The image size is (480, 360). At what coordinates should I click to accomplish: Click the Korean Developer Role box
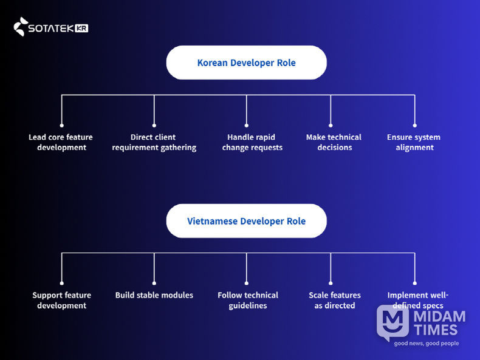(x=246, y=63)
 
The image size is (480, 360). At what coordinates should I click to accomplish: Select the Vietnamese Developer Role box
(x=246, y=221)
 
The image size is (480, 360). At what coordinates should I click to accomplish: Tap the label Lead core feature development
(x=61, y=142)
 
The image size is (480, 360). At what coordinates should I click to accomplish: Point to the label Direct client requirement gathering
(x=154, y=142)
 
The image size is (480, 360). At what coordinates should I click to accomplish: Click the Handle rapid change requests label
(x=252, y=142)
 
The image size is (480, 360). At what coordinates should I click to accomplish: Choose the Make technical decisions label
(x=334, y=142)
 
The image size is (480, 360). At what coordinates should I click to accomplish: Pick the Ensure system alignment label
(x=414, y=142)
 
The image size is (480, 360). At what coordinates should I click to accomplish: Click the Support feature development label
(x=61, y=300)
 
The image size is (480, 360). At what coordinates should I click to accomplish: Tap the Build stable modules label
(x=154, y=295)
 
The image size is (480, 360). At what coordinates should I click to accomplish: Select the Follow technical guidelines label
(x=247, y=300)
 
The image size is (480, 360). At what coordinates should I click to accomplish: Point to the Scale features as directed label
(x=334, y=300)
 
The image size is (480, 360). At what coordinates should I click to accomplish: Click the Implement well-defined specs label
(x=417, y=300)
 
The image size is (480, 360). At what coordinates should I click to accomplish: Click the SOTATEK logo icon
(x=21, y=27)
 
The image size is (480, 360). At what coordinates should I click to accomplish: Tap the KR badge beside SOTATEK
(x=82, y=28)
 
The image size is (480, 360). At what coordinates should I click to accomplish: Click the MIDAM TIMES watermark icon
(x=392, y=322)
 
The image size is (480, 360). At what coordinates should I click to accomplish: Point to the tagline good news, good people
(x=426, y=344)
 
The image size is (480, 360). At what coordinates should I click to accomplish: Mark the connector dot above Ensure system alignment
(x=414, y=125)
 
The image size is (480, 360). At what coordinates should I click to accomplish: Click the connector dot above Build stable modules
(x=154, y=283)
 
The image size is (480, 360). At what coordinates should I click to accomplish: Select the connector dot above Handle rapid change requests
(x=246, y=125)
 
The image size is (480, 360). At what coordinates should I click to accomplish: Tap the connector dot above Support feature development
(x=61, y=283)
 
